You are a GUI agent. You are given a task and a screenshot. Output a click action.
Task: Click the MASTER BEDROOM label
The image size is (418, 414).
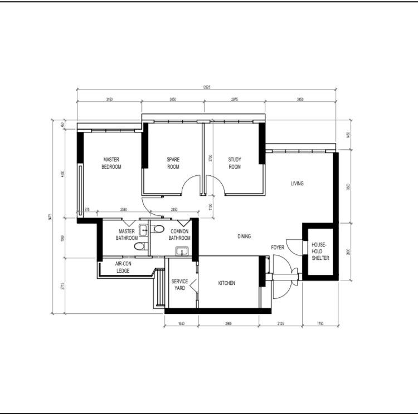point(111,163)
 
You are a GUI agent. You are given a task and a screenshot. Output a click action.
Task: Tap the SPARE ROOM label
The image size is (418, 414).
point(173,163)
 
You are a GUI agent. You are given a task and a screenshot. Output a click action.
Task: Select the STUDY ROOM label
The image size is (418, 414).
point(235,163)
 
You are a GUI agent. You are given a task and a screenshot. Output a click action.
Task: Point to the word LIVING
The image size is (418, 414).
point(297,184)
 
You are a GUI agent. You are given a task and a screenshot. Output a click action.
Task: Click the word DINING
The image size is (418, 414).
point(244,236)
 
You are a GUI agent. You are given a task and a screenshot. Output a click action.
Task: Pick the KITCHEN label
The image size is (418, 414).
point(226,283)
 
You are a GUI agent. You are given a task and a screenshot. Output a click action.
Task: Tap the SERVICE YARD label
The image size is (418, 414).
point(179,285)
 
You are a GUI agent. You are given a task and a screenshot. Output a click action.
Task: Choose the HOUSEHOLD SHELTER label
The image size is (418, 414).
point(320,252)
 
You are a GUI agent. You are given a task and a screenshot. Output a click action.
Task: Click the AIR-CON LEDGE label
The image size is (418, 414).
point(123,267)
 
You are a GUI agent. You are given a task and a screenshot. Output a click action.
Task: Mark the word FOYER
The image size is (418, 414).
point(278,247)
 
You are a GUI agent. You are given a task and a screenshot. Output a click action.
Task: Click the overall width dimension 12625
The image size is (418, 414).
point(206,87)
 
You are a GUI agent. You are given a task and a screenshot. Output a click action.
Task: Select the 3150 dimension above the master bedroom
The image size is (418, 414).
point(109,99)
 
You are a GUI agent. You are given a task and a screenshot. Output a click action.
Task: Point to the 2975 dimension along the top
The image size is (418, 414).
point(234,99)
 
